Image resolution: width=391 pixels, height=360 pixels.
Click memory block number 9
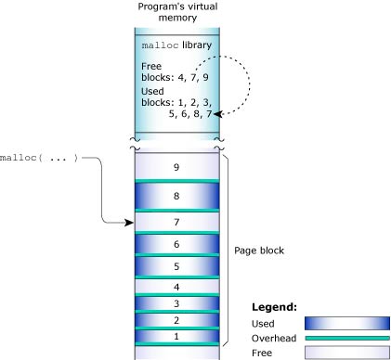(x=177, y=167)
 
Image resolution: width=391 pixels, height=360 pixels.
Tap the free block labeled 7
(x=177, y=223)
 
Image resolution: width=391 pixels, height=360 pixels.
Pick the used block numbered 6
(x=177, y=244)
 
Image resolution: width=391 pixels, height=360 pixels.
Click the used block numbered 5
(x=177, y=267)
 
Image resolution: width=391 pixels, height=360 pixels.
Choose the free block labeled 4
(x=177, y=287)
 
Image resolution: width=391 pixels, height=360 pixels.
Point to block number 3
(x=177, y=303)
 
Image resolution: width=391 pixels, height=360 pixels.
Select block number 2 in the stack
(x=177, y=320)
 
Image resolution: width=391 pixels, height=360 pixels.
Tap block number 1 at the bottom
(x=177, y=336)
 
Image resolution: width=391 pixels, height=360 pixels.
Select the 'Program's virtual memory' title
(x=177, y=12)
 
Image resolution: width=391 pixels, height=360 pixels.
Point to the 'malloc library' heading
(x=177, y=45)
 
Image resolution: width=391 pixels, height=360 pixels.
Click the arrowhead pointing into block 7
(x=131, y=223)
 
